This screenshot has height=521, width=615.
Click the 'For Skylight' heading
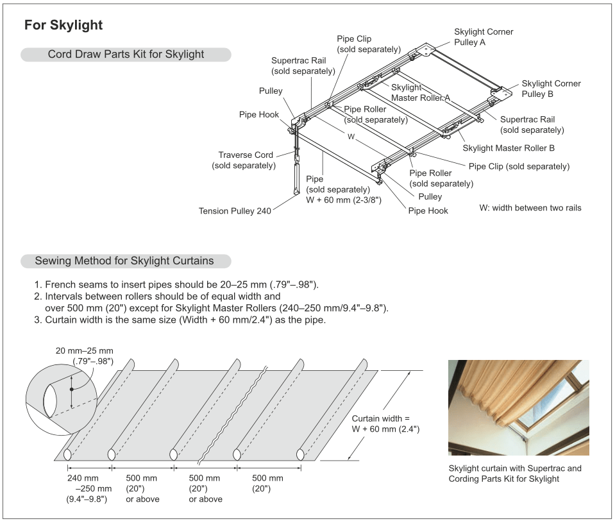(x=63, y=26)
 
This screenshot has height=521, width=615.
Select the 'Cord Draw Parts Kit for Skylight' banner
(x=126, y=55)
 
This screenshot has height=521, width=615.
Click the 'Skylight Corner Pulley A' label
(x=484, y=37)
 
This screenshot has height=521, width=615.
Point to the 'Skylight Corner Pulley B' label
(x=551, y=89)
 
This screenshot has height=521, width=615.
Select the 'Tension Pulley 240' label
(x=235, y=210)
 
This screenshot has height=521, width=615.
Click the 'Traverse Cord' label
(x=246, y=155)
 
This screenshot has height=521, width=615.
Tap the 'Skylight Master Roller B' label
(x=509, y=148)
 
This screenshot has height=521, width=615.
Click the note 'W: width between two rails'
(x=530, y=208)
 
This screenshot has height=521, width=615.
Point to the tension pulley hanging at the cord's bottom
(x=296, y=177)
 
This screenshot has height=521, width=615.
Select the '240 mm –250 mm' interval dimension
(x=87, y=488)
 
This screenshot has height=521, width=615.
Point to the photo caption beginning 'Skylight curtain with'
(x=514, y=474)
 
